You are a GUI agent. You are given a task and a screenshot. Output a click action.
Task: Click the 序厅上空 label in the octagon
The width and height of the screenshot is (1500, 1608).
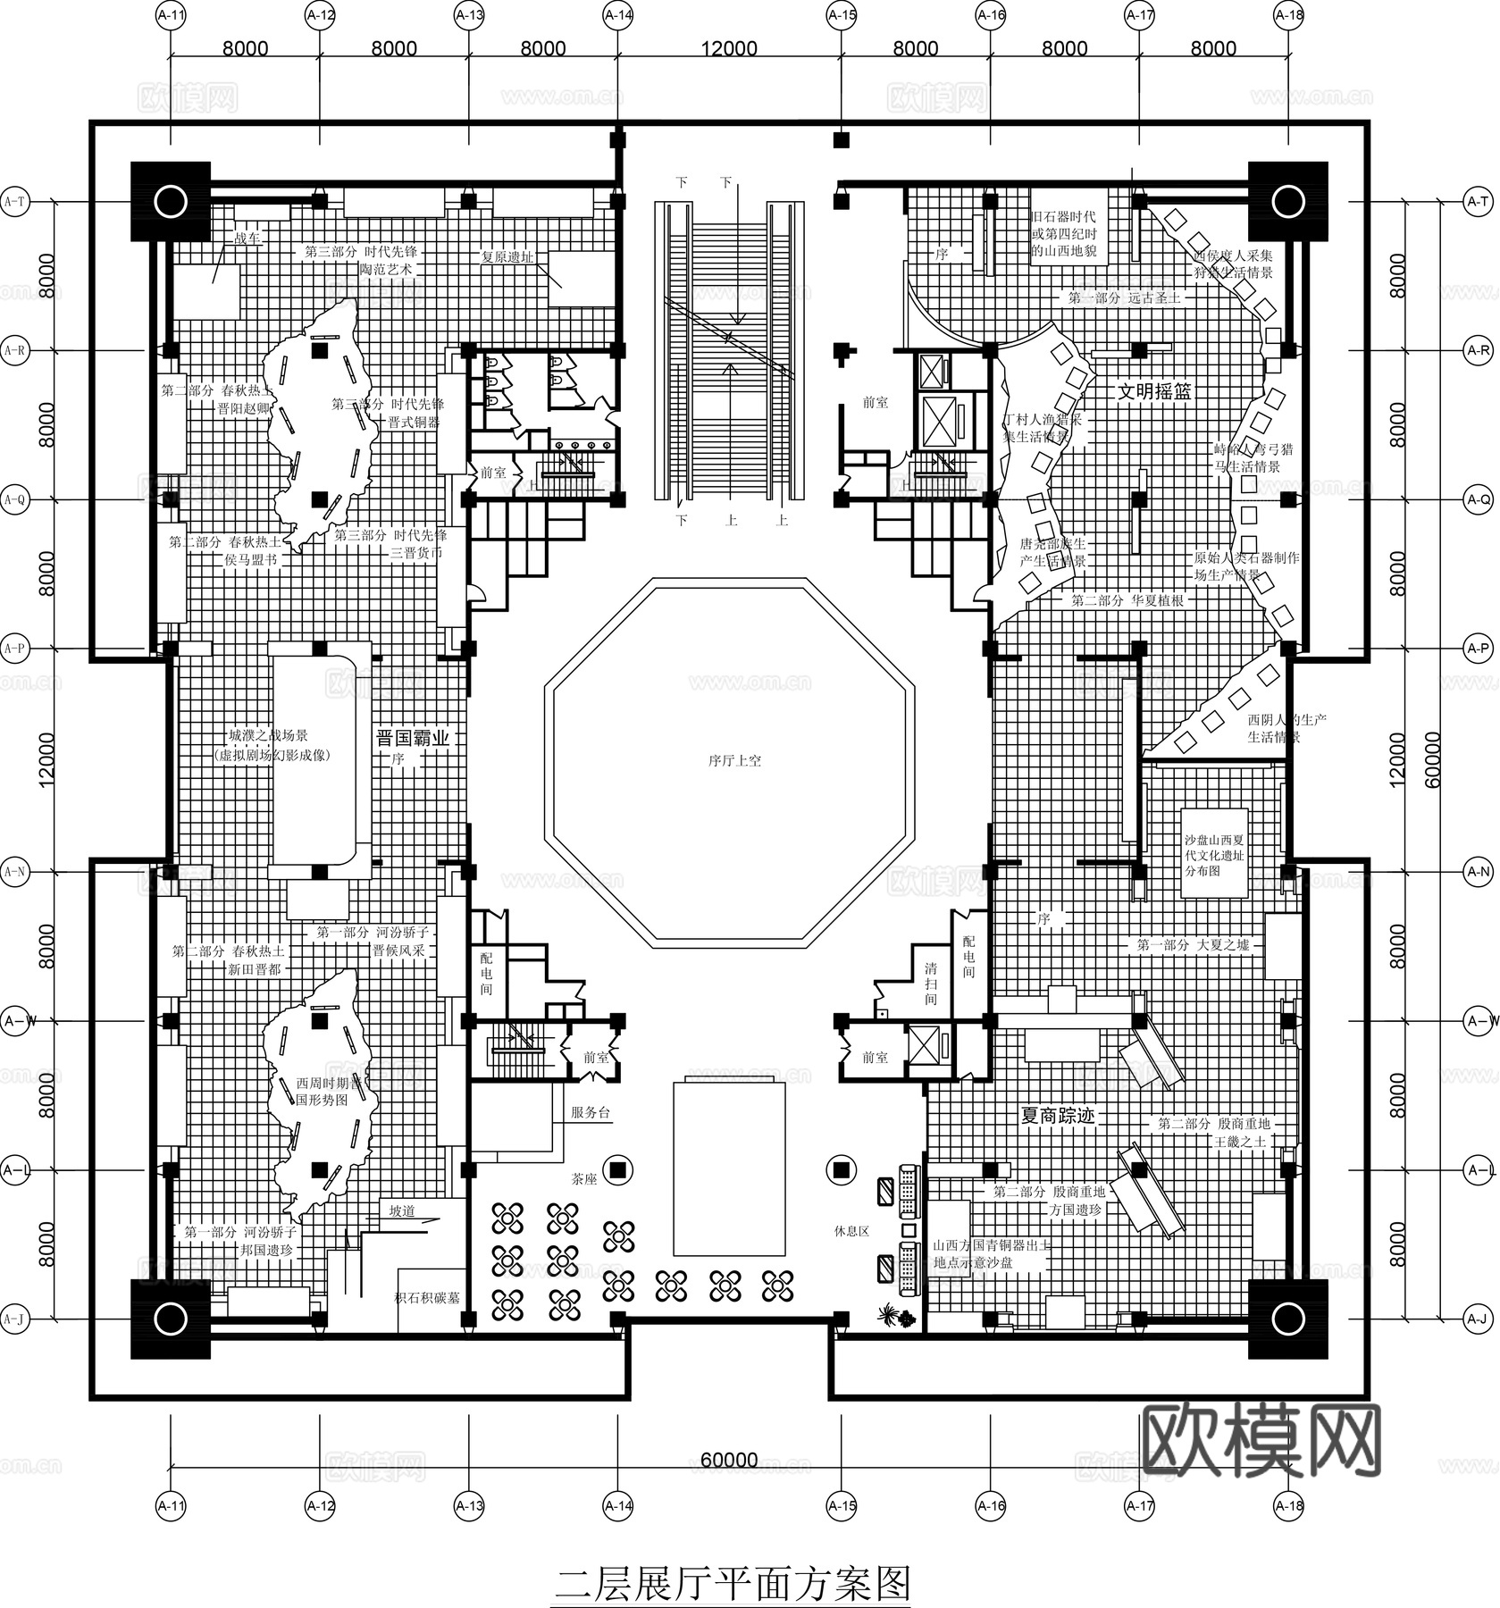[734, 761]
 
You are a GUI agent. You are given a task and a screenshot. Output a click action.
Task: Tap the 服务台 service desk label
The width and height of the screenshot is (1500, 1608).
[590, 1112]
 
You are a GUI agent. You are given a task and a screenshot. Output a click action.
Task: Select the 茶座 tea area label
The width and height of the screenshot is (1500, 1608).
[584, 1179]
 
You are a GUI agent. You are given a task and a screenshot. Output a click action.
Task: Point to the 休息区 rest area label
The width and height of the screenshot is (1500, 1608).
[851, 1230]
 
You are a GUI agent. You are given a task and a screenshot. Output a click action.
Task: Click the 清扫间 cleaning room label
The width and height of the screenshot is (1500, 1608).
[931, 984]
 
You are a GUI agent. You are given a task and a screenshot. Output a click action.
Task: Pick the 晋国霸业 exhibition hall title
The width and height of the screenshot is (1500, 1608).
[413, 738]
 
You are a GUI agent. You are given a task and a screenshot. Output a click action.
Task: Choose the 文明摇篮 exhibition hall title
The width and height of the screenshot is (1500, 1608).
[1155, 391]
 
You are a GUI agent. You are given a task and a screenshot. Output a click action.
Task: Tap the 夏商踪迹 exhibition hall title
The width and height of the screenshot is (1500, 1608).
[1058, 1116]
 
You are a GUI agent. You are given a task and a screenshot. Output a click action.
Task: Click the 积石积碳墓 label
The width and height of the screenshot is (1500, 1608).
[427, 1297]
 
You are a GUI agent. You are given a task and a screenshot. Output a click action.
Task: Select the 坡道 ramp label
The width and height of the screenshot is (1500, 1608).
[402, 1211]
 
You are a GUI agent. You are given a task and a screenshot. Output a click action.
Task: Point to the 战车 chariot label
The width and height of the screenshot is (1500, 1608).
[247, 239]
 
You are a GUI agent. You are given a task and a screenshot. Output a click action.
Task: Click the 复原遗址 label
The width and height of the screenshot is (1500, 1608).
[507, 256]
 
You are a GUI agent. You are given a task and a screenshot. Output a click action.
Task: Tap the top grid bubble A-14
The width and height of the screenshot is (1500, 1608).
[618, 15]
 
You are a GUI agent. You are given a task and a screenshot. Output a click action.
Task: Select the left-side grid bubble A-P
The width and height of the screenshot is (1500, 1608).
[15, 648]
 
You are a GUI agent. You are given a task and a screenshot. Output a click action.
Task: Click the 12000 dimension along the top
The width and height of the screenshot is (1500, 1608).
[729, 48]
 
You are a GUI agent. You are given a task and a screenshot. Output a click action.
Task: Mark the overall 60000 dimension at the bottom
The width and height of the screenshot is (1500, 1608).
[729, 1460]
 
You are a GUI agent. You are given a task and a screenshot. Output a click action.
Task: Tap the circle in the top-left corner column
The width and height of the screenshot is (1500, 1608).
[170, 202]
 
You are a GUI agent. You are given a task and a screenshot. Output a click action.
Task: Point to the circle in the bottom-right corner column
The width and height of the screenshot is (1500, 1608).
[1287, 1318]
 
